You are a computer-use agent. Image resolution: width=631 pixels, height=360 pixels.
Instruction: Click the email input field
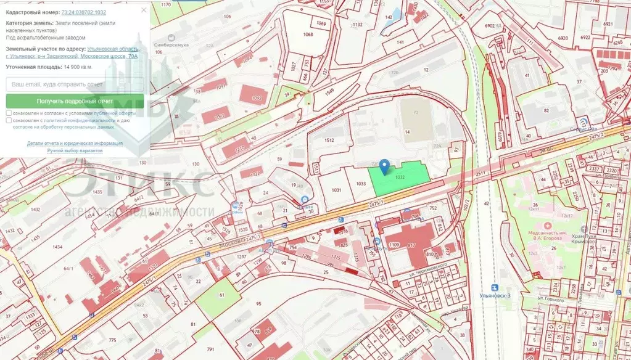click(75, 84)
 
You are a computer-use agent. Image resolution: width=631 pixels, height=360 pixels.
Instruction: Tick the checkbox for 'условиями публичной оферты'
click(9, 113)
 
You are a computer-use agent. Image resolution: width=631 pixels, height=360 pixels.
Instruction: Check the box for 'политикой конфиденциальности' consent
click(9, 121)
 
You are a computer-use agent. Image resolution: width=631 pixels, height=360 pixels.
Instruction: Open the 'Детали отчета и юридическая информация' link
click(75, 143)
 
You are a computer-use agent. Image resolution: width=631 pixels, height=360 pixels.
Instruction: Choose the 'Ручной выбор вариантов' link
click(75, 150)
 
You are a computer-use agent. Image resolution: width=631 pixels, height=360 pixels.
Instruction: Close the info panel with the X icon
click(144, 10)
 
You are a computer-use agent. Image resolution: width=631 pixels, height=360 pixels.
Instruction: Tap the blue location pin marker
click(384, 166)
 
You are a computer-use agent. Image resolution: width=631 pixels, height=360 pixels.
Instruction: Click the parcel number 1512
click(329, 141)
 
